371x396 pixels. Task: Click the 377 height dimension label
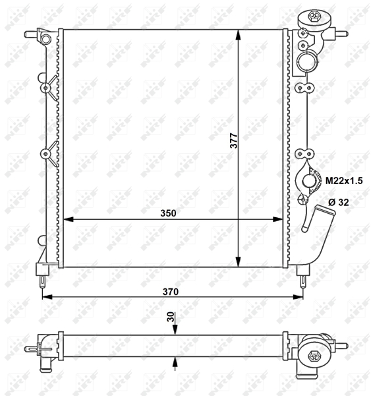(234, 141)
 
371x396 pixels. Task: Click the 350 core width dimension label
(168, 213)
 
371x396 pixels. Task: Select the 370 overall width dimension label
(171, 292)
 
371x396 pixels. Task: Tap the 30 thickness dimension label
(171, 317)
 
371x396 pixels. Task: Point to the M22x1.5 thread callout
(344, 181)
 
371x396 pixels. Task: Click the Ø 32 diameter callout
(339, 202)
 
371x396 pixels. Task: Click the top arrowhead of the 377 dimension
(238, 35)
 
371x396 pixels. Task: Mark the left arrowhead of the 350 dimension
(68, 219)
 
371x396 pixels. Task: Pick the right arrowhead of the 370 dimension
(298, 297)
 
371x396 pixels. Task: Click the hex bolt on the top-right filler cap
(314, 16)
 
